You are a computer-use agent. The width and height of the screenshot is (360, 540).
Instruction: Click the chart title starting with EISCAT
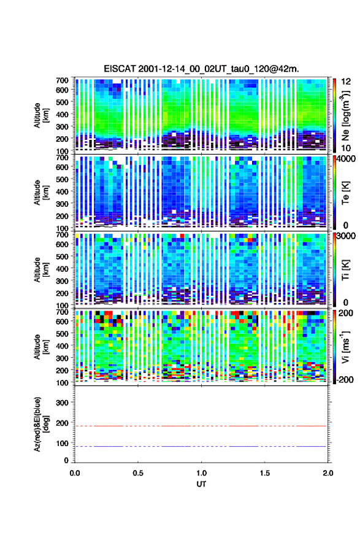pos(201,69)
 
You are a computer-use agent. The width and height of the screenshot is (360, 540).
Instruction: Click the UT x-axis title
pos(201,484)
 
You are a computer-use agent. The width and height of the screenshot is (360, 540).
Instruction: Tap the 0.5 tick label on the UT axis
pos(138,473)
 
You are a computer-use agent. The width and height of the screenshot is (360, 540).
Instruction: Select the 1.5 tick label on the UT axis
pos(265,473)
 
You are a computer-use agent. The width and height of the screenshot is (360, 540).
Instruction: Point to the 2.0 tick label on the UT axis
pos(328,473)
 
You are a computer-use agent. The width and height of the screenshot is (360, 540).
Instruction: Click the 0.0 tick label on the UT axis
pos(75,473)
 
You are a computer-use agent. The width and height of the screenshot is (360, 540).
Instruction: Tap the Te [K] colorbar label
pos(345,193)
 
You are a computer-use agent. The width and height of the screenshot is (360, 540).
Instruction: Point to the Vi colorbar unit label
pos(345,347)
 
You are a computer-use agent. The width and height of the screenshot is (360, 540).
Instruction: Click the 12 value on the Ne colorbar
pos(347,82)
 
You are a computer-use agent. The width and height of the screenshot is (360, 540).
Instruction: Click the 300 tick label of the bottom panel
pos(63,403)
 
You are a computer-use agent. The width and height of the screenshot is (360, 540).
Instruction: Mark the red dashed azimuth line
pos(201,426)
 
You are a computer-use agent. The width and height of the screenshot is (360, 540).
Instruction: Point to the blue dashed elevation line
pos(201,446)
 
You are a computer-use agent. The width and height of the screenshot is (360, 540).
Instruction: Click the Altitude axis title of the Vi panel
pos(41,347)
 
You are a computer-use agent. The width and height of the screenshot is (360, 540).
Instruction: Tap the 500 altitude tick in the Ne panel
pos(63,102)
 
